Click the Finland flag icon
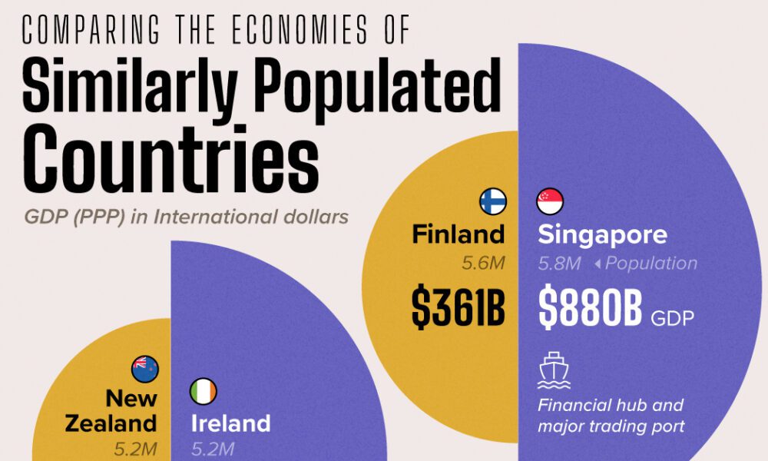492,201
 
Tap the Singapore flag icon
550,201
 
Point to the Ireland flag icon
204,392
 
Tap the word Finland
458,234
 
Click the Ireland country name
230,423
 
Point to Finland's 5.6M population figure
483,264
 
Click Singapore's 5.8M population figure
559,264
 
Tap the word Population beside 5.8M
651,264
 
